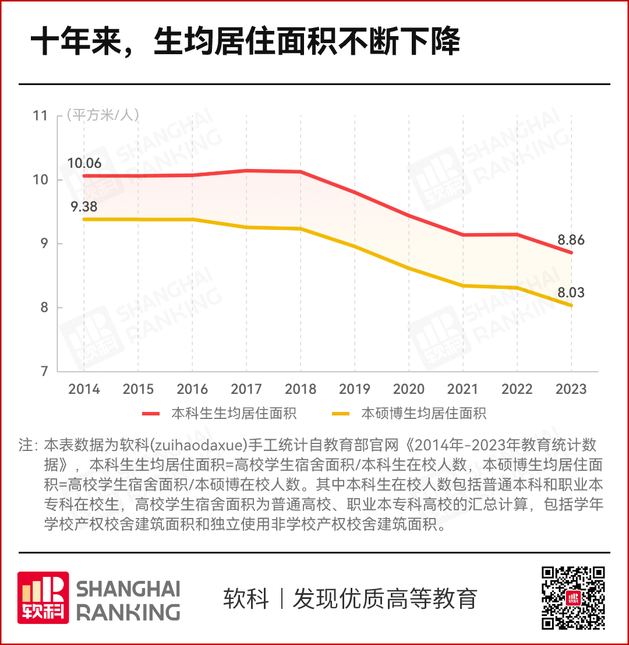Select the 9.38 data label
[84, 206]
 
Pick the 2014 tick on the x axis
[84, 389]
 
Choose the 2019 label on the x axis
[355, 389]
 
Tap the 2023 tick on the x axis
[571, 389]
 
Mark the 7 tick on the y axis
[44, 371]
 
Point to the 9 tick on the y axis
[44, 244]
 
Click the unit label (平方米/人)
[103, 115]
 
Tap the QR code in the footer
[574, 597]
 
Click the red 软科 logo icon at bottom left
[43, 597]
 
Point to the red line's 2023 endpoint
[571, 252]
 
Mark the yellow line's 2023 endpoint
[571, 305]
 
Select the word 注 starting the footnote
[26, 446]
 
